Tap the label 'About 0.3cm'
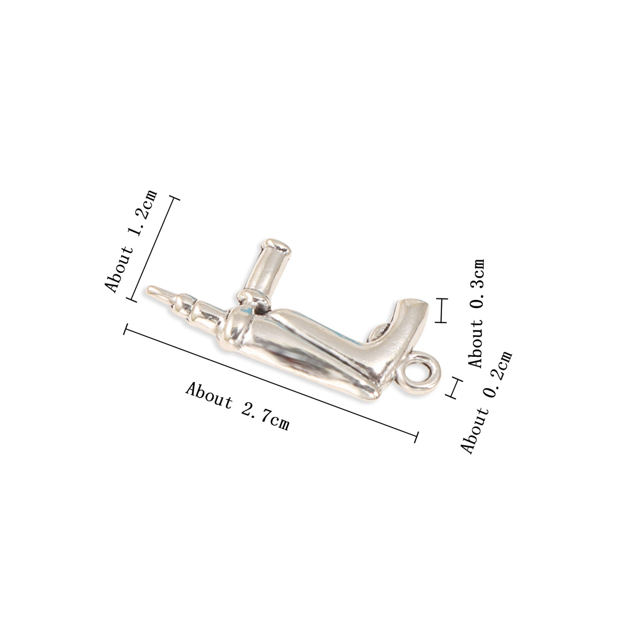coord(478,313)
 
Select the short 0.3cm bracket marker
coord(441,311)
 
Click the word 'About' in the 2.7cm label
coord(209,394)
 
